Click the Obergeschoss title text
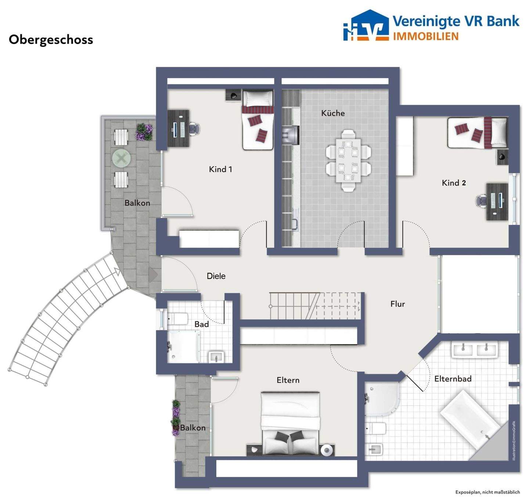51,40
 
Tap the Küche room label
333,113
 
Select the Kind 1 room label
220,169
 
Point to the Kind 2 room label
454,183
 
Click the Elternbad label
453,379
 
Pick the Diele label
216,276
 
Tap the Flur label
398,304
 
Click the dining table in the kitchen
348,161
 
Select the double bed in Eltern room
290,424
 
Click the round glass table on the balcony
121,158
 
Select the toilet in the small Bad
177,319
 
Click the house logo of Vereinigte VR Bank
366,26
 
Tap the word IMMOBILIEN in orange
426,36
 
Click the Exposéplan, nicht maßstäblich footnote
487,492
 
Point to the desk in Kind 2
497,202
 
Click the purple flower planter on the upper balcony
144,132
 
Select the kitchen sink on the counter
295,225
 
